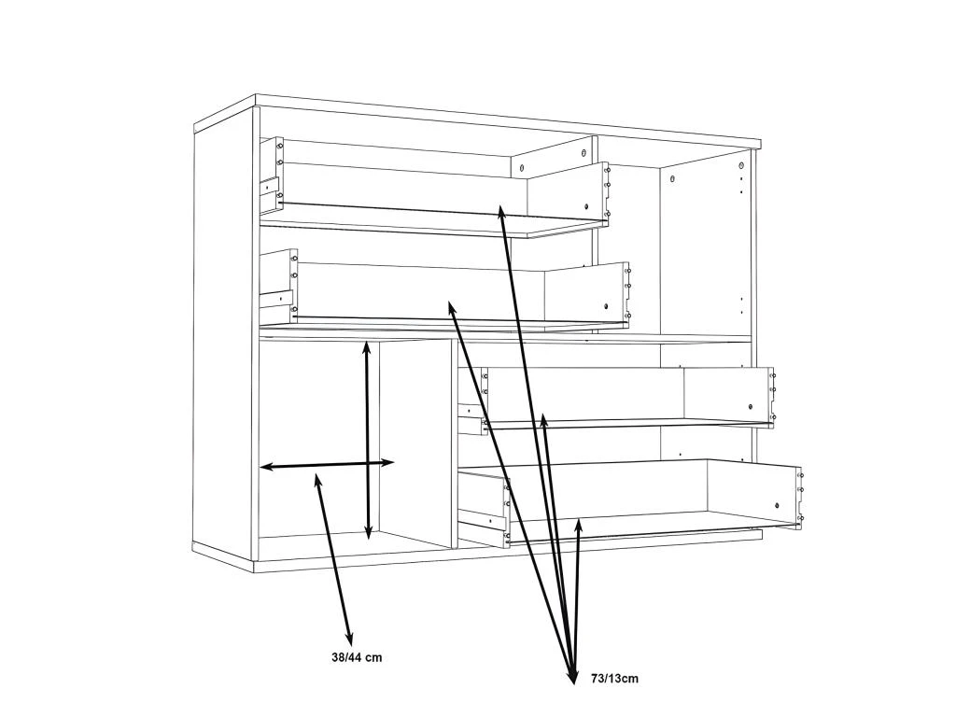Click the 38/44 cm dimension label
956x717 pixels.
tap(357, 657)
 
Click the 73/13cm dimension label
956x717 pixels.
tap(614, 678)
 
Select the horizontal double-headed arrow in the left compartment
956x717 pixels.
tap(328, 465)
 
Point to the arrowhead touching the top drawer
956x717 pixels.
tap(501, 212)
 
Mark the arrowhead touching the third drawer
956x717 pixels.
tap(544, 419)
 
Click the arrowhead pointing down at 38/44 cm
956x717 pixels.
tap(349, 639)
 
